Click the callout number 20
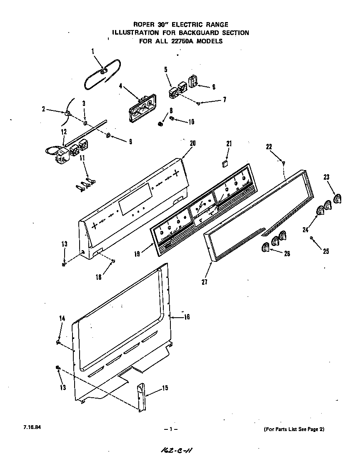point(192,143)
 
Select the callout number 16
point(187,317)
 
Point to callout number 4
point(120,87)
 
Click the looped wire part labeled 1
point(102,73)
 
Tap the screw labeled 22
point(284,163)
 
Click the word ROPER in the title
point(144,25)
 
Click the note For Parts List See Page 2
point(294,429)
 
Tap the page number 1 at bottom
point(171,429)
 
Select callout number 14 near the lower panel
point(62,318)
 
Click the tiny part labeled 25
point(312,238)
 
